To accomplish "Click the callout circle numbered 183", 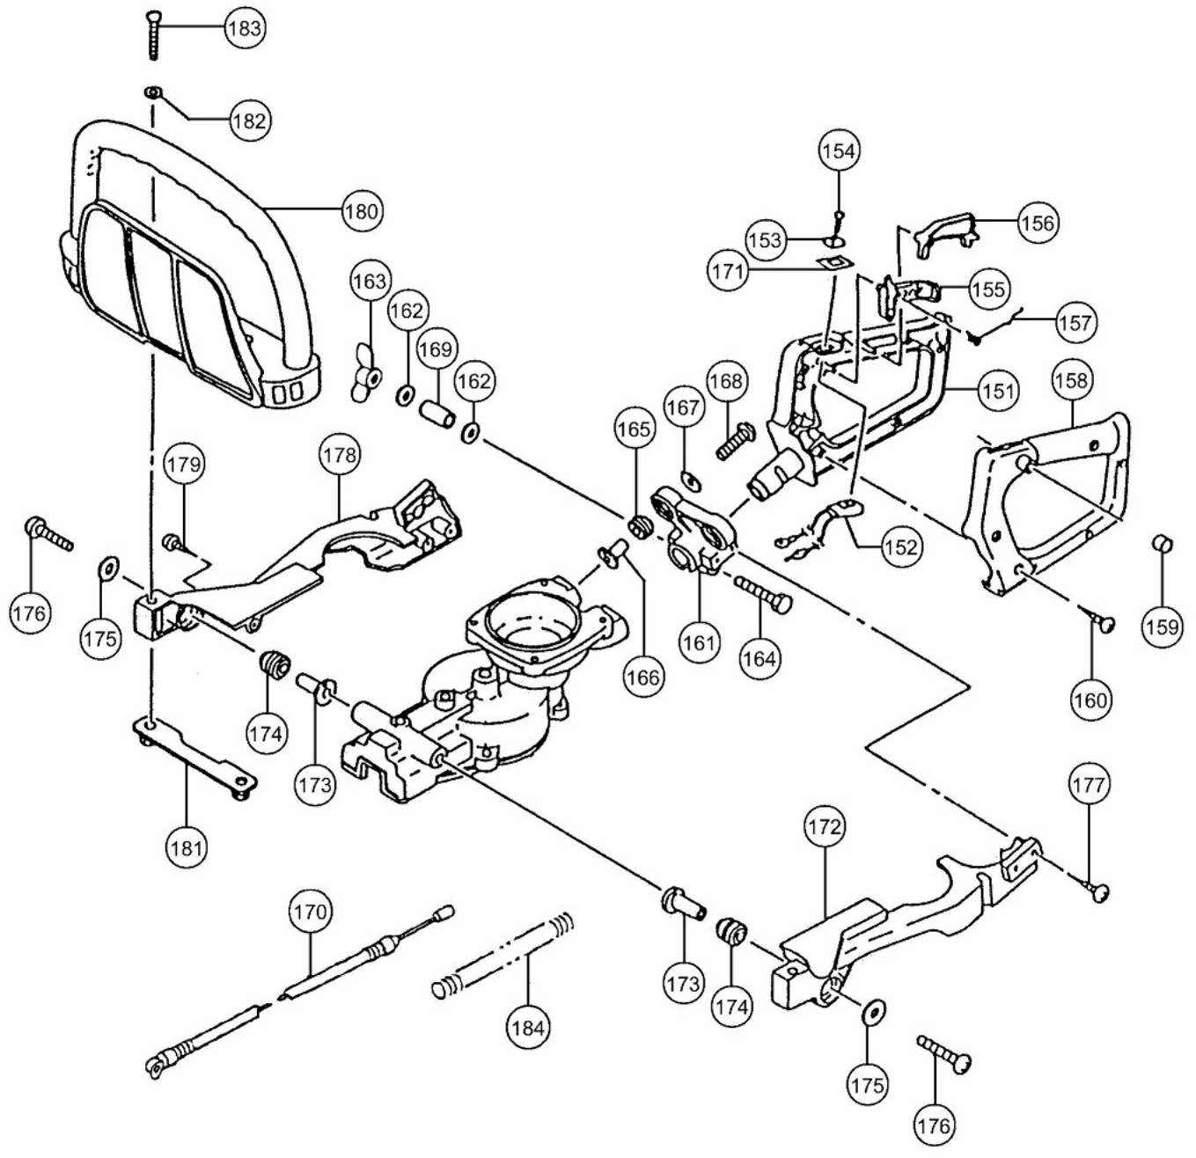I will [x=244, y=28].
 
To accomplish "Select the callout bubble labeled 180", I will [x=361, y=211].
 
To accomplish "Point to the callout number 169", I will [x=435, y=349].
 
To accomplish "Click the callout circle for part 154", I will [x=838, y=151].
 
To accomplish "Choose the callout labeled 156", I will [x=1037, y=223].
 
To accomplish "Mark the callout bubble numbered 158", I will [x=1071, y=380].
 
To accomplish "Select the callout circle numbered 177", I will [x=1089, y=784].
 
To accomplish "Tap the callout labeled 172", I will [x=824, y=826].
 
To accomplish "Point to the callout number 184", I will [x=528, y=1027].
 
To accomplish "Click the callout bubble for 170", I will [x=310, y=912].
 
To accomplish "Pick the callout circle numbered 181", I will [x=187, y=848].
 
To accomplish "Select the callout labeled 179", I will [x=184, y=464].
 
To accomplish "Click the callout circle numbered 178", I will [x=340, y=455].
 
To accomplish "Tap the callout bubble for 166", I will [x=643, y=677].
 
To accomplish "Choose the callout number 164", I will [x=759, y=658].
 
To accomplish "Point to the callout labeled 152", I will [x=899, y=546].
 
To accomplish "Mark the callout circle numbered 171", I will [x=727, y=271].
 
